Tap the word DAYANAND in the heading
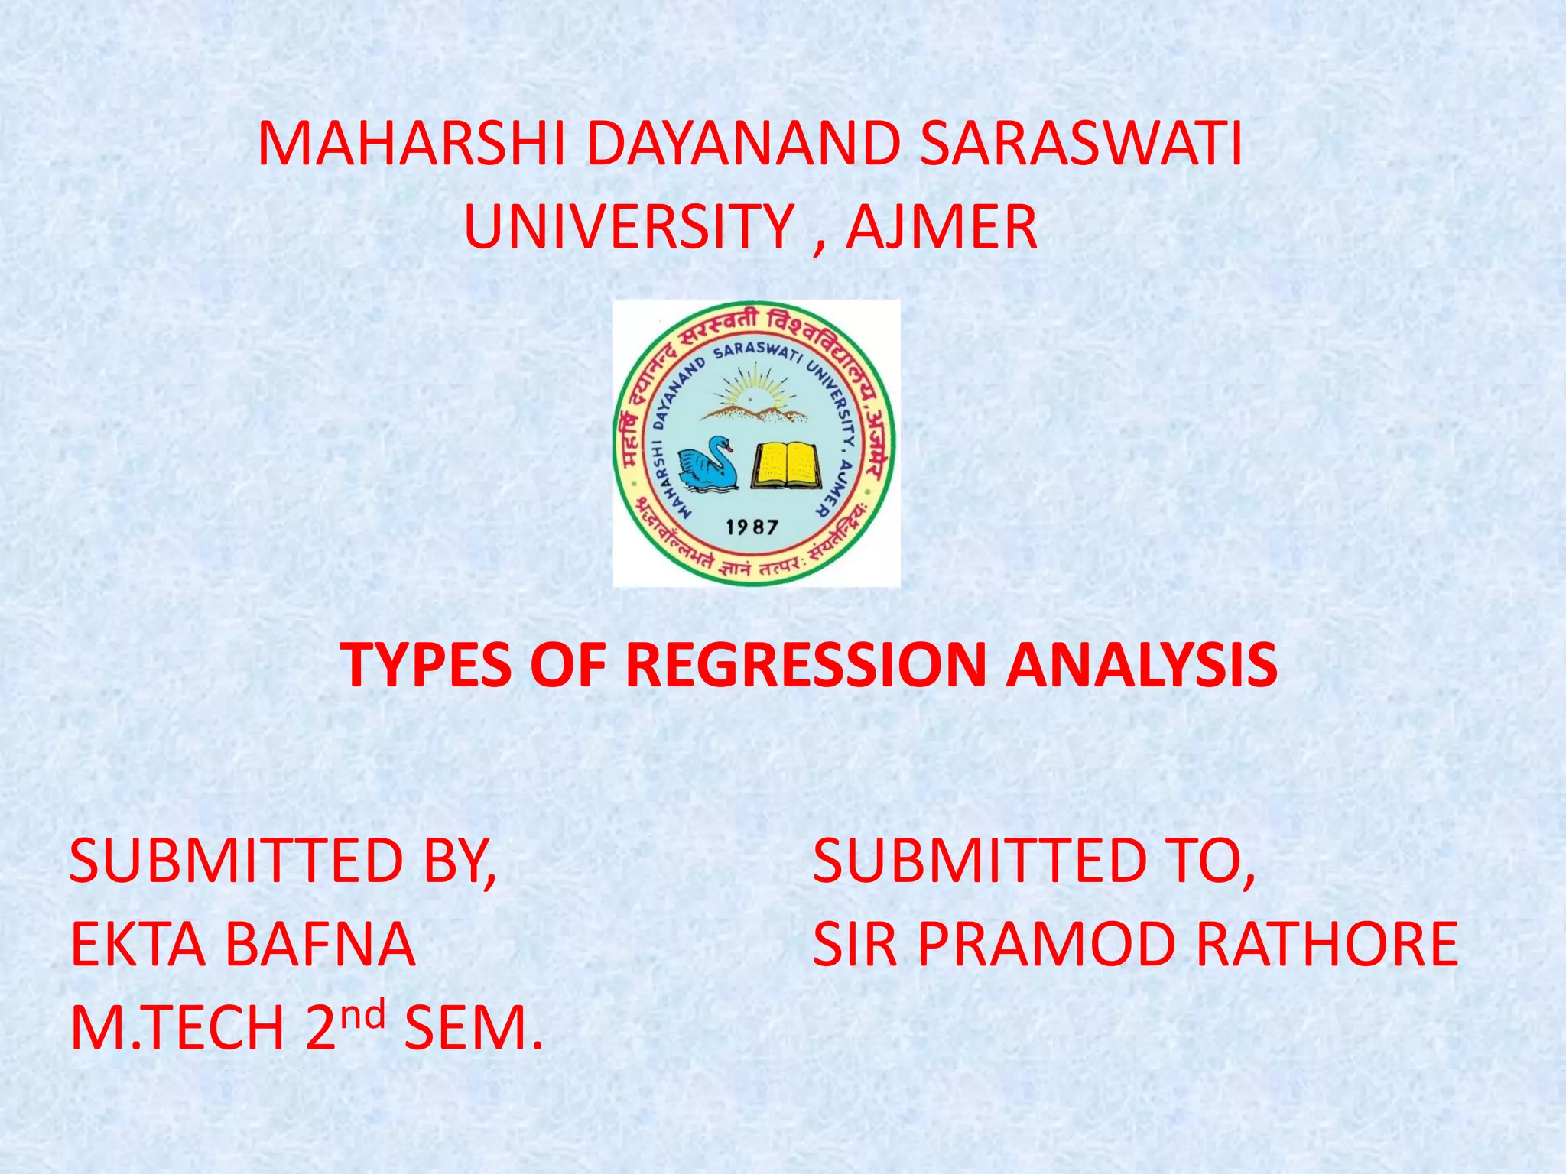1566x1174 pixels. pyautogui.click(x=743, y=144)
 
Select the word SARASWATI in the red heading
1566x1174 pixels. pyautogui.click(x=1081, y=144)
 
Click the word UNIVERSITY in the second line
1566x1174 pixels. pyautogui.click(x=629, y=227)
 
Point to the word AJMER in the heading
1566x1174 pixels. pyautogui.click(x=941, y=227)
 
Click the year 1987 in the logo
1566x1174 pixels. pyautogui.click(x=752, y=527)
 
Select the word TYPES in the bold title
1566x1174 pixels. pyautogui.click(x=426, y=665)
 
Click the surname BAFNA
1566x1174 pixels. pyautogui.click(x=320, y=945)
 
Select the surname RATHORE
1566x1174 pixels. pyautogui.click(x=1327, y=945)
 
